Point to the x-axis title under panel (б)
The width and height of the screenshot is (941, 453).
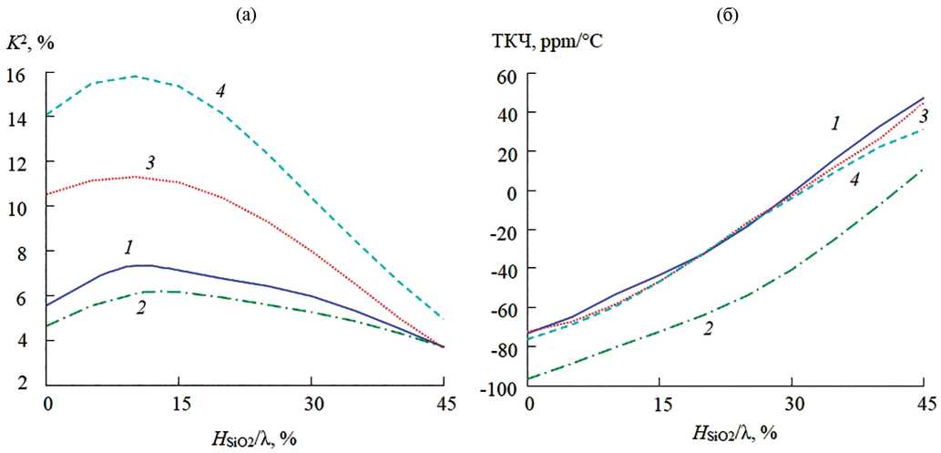pos(726,431)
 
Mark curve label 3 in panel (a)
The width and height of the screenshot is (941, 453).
pos(151,162)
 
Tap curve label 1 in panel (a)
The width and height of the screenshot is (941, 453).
pos(129,246)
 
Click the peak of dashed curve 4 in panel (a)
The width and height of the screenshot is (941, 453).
pos(135,77)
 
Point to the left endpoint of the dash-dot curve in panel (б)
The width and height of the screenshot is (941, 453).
pos(528,378)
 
